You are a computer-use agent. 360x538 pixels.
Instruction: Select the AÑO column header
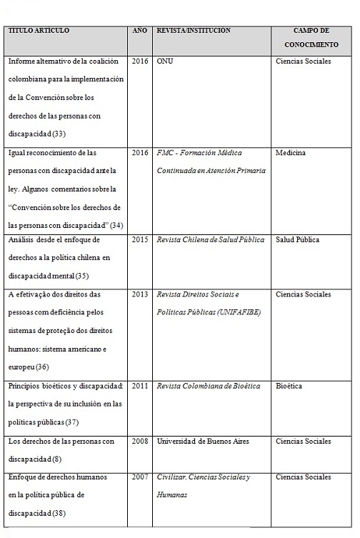tap(140, 31)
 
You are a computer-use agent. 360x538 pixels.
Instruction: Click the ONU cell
tap(164, 61)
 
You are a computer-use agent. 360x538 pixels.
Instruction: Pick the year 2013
tap(140, 294)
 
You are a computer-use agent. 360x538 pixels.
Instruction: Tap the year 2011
tap(140, 386)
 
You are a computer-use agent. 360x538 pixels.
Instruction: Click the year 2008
tap(140, 441)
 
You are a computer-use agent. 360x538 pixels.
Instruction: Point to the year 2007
tap(140, 477)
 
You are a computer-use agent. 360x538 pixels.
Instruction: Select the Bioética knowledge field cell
tap(289, 386)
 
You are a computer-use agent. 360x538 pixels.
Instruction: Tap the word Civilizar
tap(174, 477)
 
